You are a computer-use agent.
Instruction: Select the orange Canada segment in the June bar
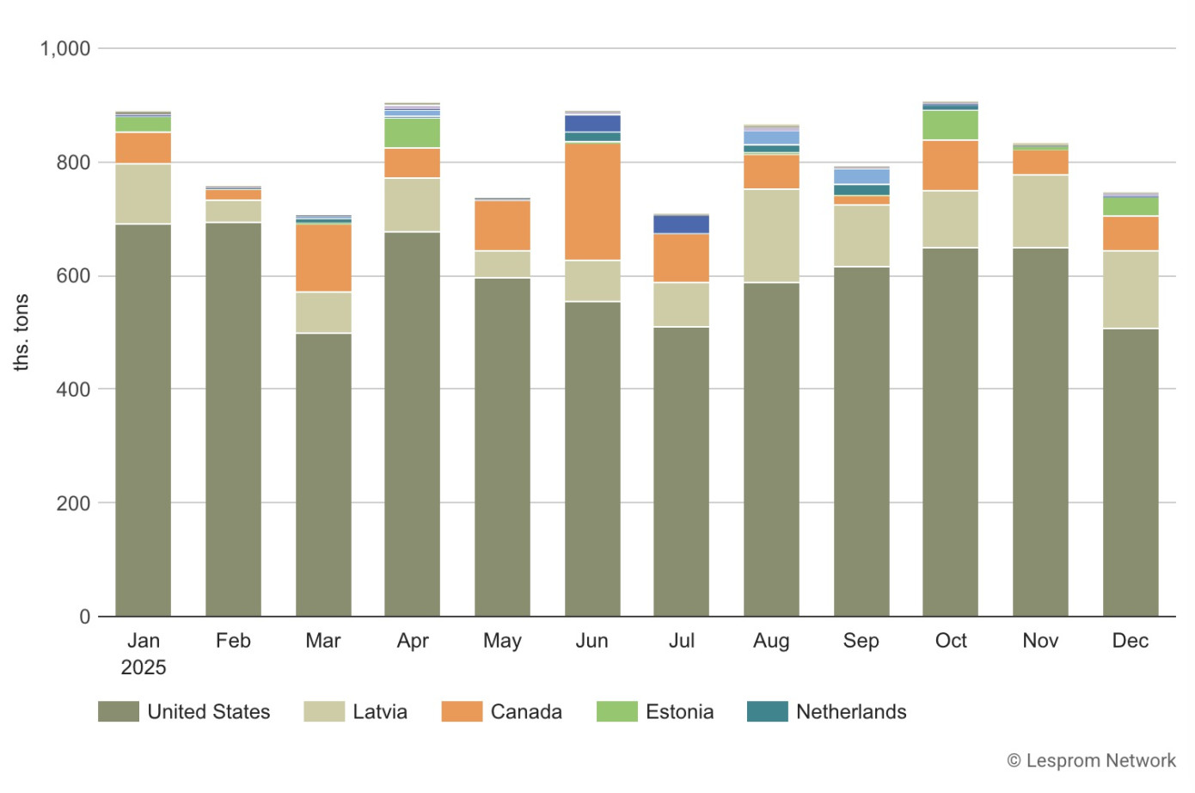pyautogui.click(x=592, y=201)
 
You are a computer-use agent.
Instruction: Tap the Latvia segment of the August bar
pyautogui.click(x=771, y=236)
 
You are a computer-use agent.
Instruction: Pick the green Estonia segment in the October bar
pyautogui.click(x=950, y=125)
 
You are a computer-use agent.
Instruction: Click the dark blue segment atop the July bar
pyautogui.click(x=681, y=224)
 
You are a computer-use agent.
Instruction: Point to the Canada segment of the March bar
pyautogui.click(x=323, y=258)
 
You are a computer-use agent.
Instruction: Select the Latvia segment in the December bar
pyautogui.click(x=1131, y=289)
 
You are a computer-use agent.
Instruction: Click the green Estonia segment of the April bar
pyautogui.click(x=413, y=132)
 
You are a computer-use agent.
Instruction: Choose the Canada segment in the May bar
pyautogui.click(x=502, y=225)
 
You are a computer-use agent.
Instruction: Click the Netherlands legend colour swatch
pyautogui.click(x=767, y=711)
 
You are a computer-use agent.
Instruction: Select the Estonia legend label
pyautogui.click(x=679, y=711)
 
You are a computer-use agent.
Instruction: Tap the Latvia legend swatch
pyautogui.click(x=324, y=711)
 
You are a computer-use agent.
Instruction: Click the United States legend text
pyautogui.click(x=208, y=711)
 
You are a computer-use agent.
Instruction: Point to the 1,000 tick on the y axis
pyautogui.click(x=64, y=49)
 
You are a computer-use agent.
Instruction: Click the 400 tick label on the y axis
pyautogui.click(x=73, y=390)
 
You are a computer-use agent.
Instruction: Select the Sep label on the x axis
pyautogui.click(x=861, y=641)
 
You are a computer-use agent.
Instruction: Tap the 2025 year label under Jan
pyautogui.click(x=143, y=667)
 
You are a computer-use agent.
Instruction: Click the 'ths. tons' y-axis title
pyautogui.click(x=21, y=332)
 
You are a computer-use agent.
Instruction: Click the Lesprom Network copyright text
pyautogui.click(x=1091, y=760)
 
